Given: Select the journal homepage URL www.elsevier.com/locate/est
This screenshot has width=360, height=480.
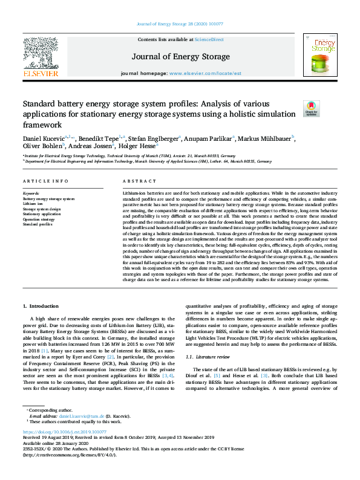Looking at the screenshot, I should (x=200, y=73).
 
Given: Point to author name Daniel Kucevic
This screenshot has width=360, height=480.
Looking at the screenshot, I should (x=42, y=140).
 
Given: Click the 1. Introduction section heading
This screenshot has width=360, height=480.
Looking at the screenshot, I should (x=41, y=307).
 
